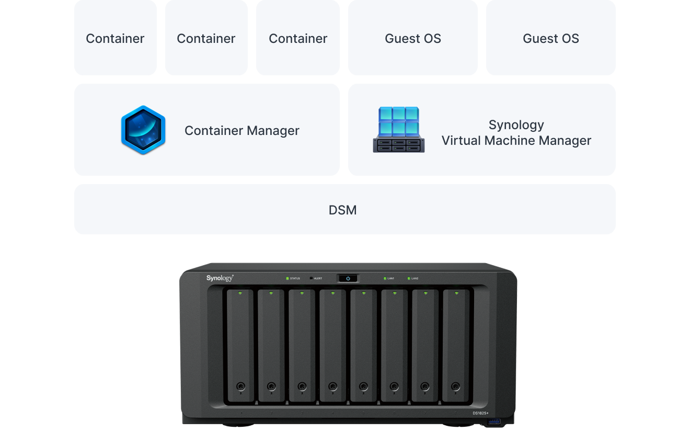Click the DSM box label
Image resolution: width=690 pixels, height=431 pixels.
tap(342, 210)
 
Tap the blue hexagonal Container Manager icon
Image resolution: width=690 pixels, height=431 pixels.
tap(143, 130)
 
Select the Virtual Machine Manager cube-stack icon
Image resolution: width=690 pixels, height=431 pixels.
tap(399, 130)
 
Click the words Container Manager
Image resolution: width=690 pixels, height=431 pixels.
tap(241, 131)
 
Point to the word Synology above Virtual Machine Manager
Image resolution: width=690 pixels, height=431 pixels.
tap(516, 125)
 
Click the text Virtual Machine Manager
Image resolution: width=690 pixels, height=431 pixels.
tap(516, 141)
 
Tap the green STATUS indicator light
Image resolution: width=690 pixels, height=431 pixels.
tap(287, 278)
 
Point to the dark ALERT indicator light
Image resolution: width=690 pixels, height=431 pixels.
tap(312, 278)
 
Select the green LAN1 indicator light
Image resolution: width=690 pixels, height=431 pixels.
tap(385, 278)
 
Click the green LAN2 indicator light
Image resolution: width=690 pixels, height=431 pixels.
tap(409, 278)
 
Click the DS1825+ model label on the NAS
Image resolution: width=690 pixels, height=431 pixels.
tap(480, 413)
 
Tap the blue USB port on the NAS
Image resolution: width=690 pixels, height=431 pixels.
tap(493, 421)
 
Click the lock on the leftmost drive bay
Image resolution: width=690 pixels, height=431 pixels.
tap(240, 387)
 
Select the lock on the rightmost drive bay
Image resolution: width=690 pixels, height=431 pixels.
tap(456, 387)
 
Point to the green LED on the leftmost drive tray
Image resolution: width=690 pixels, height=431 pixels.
tap(240, 293)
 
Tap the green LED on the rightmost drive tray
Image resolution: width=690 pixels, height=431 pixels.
tap(456, 293)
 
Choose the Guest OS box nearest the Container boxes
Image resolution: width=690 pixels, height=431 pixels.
tap(412, 39)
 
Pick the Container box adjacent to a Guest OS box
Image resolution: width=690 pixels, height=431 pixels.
tap(298, 39)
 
